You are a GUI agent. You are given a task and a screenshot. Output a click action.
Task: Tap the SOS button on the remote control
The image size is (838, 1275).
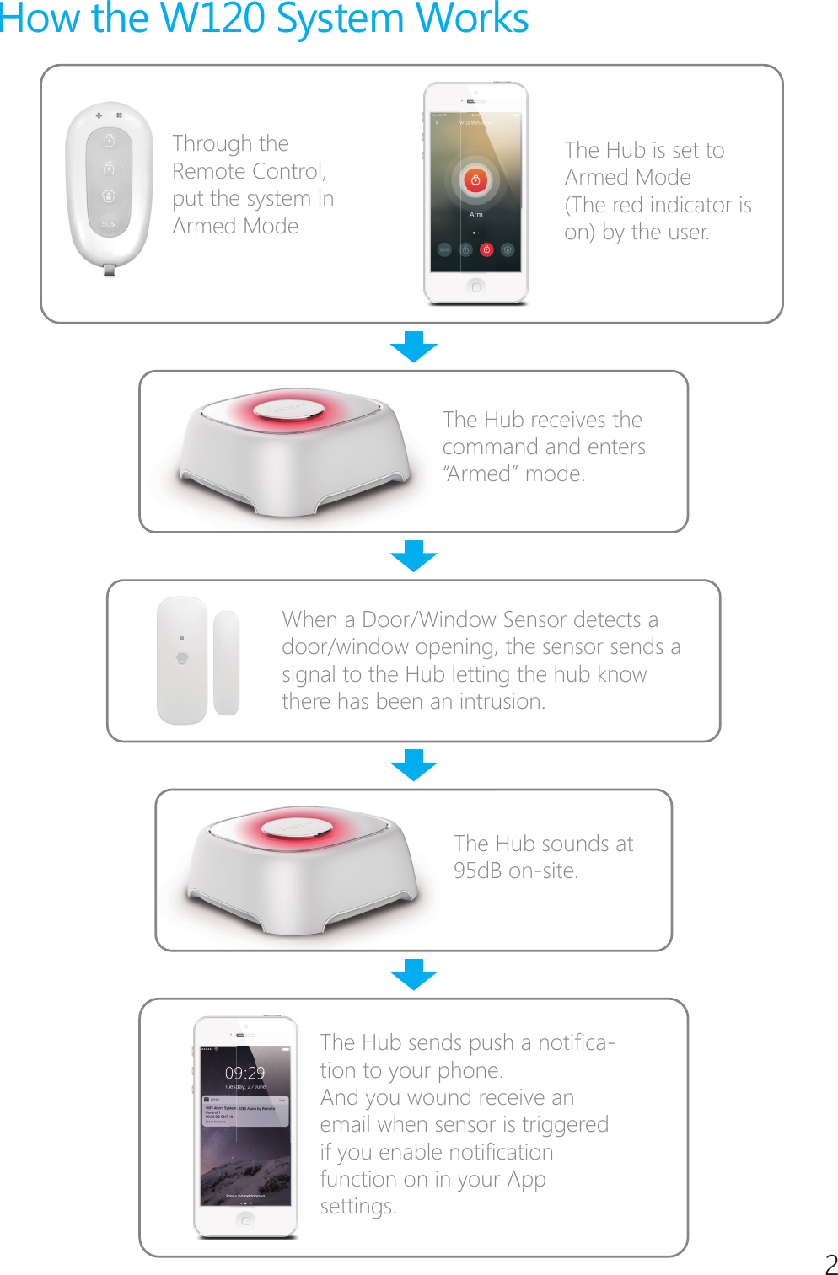pos(109,224)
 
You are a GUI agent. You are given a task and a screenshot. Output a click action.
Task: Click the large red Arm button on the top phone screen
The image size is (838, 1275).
pos(475,179)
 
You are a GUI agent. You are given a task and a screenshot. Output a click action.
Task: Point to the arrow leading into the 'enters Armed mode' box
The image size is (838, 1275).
pos(414,346)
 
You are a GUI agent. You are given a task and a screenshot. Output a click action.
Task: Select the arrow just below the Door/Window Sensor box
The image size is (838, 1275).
pos(414,764)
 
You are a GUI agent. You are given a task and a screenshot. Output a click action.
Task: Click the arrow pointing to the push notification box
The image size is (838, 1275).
pos(414,974)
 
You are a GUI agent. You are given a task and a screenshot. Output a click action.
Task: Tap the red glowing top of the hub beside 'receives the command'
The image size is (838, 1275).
pos(288,410)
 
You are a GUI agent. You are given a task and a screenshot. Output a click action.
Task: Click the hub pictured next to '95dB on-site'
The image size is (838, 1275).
pos(299,868)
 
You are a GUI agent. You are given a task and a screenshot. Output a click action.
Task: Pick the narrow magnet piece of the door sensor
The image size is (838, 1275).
pos(226,662)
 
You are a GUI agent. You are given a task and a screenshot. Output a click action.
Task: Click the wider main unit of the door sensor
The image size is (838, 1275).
pos(182,660)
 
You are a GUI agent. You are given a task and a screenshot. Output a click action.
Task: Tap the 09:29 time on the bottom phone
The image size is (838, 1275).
pos(244,1073)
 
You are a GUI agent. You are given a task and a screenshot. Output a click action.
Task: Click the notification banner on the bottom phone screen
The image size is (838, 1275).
pos(245,1111)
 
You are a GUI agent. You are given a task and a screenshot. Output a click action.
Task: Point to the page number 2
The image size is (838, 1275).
pos(830,1264)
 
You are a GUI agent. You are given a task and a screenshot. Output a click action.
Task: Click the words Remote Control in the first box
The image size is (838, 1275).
pos(249,171)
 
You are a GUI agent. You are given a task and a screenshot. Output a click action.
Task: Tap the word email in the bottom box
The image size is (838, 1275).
pos(346,1125)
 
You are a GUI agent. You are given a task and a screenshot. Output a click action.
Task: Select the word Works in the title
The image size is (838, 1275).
pos(476,19)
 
